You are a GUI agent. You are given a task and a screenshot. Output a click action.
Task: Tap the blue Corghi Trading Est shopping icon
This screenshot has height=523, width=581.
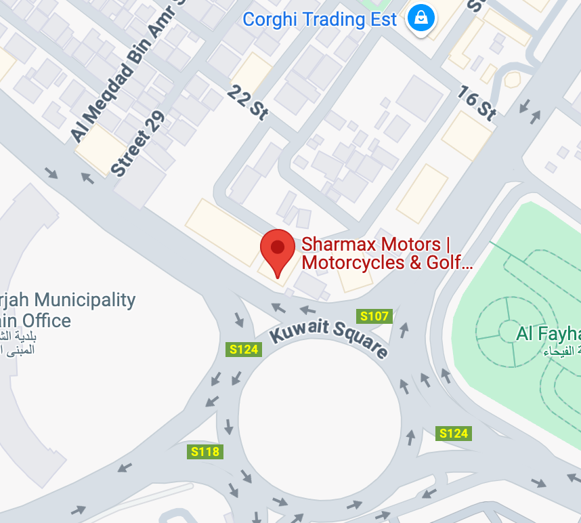click(x=421, y=19)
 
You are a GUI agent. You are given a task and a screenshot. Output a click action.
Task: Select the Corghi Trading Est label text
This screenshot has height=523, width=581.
click(x=320, y=19)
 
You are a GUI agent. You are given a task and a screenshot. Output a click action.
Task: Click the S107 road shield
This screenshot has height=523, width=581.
click(x=374, y=316)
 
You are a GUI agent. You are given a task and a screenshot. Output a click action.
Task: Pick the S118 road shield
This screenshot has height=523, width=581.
click(x=205, y=451)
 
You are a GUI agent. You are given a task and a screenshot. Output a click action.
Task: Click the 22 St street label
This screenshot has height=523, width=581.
click(x=248, y=102)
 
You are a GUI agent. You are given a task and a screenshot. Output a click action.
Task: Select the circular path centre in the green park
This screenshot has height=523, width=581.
click(x=509, y=331)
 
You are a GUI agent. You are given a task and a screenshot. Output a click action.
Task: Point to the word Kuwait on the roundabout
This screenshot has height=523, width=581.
click(x=299, y=331)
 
